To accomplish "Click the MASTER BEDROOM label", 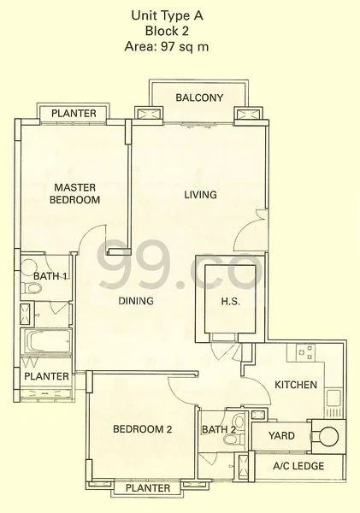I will tap(76, 193).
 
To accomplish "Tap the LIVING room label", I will tap(201, 195).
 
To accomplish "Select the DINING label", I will tap(135, 301).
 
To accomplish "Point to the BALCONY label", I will tap(199, 97).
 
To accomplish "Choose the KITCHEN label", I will tap(296, 386).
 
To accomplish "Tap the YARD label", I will tap(281, 436).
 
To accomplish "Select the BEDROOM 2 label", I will tap(142, 430).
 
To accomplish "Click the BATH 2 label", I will tap(219, 429).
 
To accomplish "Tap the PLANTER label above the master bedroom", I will tap(73, 114).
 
